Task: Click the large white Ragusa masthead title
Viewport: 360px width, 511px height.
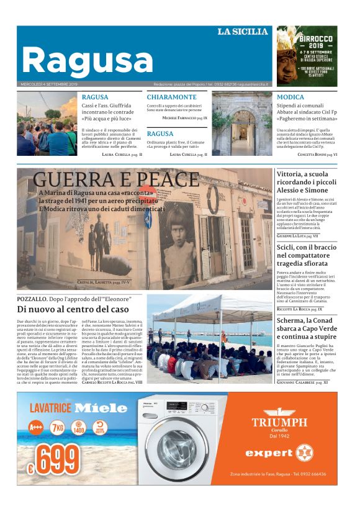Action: point(87,60)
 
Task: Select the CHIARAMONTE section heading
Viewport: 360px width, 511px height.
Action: point(171,97)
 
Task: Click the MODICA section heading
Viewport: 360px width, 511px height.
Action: point(290,97)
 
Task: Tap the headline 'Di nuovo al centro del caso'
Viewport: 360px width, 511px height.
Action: point(73,309)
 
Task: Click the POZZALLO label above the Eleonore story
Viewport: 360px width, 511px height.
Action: point(32,299)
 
